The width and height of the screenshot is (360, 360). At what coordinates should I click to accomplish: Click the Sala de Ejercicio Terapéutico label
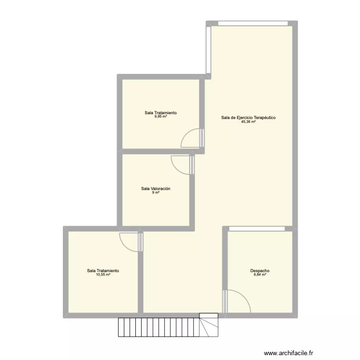tap(248, 118)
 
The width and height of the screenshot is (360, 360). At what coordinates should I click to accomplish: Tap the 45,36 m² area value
tap(248, 122)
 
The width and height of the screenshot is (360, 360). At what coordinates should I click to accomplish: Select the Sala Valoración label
tap(156, 189)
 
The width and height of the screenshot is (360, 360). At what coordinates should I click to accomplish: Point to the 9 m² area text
tap(156, 193)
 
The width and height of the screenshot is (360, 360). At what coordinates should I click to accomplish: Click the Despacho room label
tap(259, 271)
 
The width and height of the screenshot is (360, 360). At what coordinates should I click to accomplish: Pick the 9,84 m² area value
tap(259, 275)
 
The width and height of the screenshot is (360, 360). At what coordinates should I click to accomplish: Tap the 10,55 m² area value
tap(103, 275)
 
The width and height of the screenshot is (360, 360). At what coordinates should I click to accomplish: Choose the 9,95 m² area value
tap(161, 117)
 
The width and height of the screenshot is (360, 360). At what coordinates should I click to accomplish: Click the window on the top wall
tap(253, 23)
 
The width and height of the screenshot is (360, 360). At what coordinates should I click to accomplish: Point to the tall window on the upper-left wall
tap(208, 50)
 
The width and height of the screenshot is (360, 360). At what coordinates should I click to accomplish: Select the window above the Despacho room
tap(260, 228)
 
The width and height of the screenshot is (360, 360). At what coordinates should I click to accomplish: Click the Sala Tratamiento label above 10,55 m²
tap(103, 271)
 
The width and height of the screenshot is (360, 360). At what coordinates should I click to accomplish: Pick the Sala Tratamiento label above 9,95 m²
tap(161, 113)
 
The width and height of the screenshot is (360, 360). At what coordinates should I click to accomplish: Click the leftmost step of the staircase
tap(121, 327)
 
